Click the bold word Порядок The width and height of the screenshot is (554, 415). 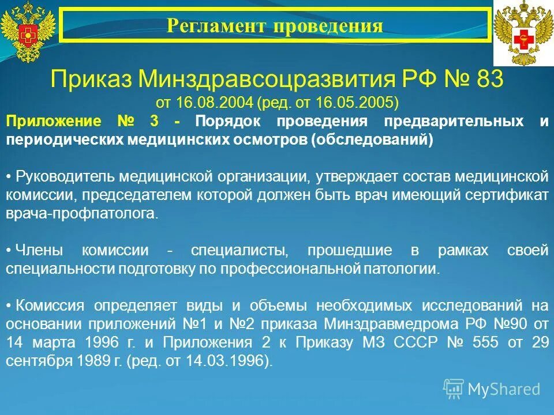228,122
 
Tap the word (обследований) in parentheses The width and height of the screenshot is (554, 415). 372,140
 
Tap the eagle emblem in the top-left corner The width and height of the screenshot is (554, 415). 27,32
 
